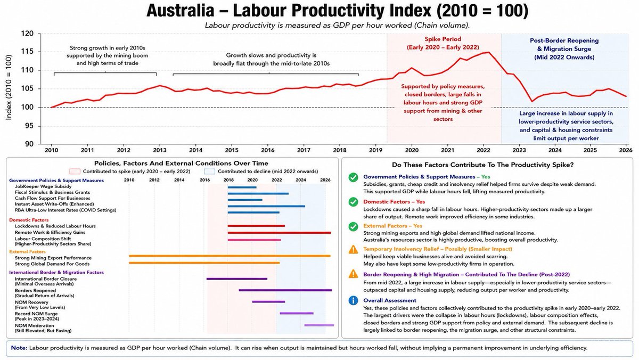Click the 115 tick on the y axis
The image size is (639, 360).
pyautogui.click(x=27, y=52)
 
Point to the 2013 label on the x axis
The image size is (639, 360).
pyautogui.click(x=160, y=150)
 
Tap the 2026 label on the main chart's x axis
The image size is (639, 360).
pyautogui.click(x=626, y=150)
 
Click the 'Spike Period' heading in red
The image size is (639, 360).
pyautogui.click(x=443, y=39)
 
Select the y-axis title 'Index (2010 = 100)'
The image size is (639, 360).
pyautogui.click(x=9, y=87)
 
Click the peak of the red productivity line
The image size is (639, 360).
pyautogui.click(x=489, y=52)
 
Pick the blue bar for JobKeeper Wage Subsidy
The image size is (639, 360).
pyautogui.click(x=242, y=187)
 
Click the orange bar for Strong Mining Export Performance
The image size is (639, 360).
pyautogui.click(x=230, y=256)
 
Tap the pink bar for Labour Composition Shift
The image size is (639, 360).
pyautogui.click(x=254, y=240)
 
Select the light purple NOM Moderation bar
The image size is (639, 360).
pyautogui.click(x=319, y=325)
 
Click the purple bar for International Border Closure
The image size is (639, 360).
pyautogui.click(x=237, y=279)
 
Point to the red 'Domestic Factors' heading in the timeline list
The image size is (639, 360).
pyautogui.click(x=29, y=220)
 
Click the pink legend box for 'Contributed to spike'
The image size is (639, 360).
pyautogui.click(x=75, y=171)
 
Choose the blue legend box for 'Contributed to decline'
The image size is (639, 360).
pyautogui.click(x=209, y=171)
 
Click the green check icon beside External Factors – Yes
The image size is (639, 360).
pyautogui.click(x=353, y=227)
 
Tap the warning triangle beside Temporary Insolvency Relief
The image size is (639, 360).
pyautogui.click(x=353, y=250)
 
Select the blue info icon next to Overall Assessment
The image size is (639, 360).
pyautogui.click(x=353, y=301)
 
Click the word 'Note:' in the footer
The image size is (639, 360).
pyautogui.click(x=19, y=348)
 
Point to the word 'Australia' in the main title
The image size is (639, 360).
pyautogui.click(x=181, y=11)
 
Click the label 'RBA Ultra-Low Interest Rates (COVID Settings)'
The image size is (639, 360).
pyautogui.click(x=65, y=210)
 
